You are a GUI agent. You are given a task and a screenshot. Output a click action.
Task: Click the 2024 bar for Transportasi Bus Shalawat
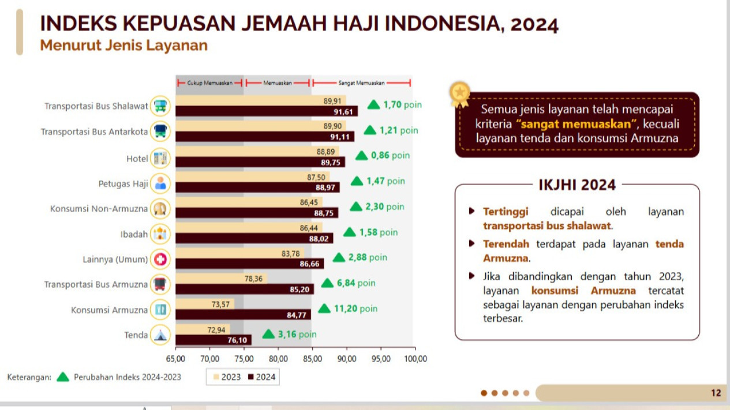(x=265, y=111)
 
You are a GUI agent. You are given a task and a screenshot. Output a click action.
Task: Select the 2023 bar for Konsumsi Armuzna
(x=205, y=304)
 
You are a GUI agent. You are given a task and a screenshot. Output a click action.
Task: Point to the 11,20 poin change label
(x=355, y=309)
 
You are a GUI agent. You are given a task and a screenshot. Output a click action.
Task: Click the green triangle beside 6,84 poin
(x=327, y=283)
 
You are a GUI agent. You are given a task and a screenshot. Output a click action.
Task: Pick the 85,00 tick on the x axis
(x=312, y=359)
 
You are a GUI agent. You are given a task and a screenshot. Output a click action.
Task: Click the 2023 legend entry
(x=227, y=377)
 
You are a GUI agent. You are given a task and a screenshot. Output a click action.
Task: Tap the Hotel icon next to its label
(x=160, y=158)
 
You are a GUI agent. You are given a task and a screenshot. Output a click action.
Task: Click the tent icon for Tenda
(x=160, y=335)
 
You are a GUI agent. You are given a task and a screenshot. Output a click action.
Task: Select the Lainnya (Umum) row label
(x=115, y=259)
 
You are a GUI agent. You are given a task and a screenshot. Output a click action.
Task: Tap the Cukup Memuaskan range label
(x=209, y=83)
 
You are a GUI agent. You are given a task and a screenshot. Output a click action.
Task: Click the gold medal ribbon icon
(x=460, y=94)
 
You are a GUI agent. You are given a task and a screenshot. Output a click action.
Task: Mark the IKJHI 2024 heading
(x=576, y=185)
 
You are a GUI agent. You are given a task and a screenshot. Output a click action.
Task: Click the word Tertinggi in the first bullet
(x=506, y=212)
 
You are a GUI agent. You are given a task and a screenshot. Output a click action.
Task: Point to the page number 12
(x=716, y=393)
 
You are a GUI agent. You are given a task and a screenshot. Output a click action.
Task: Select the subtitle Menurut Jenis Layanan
(x=123, y=46)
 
